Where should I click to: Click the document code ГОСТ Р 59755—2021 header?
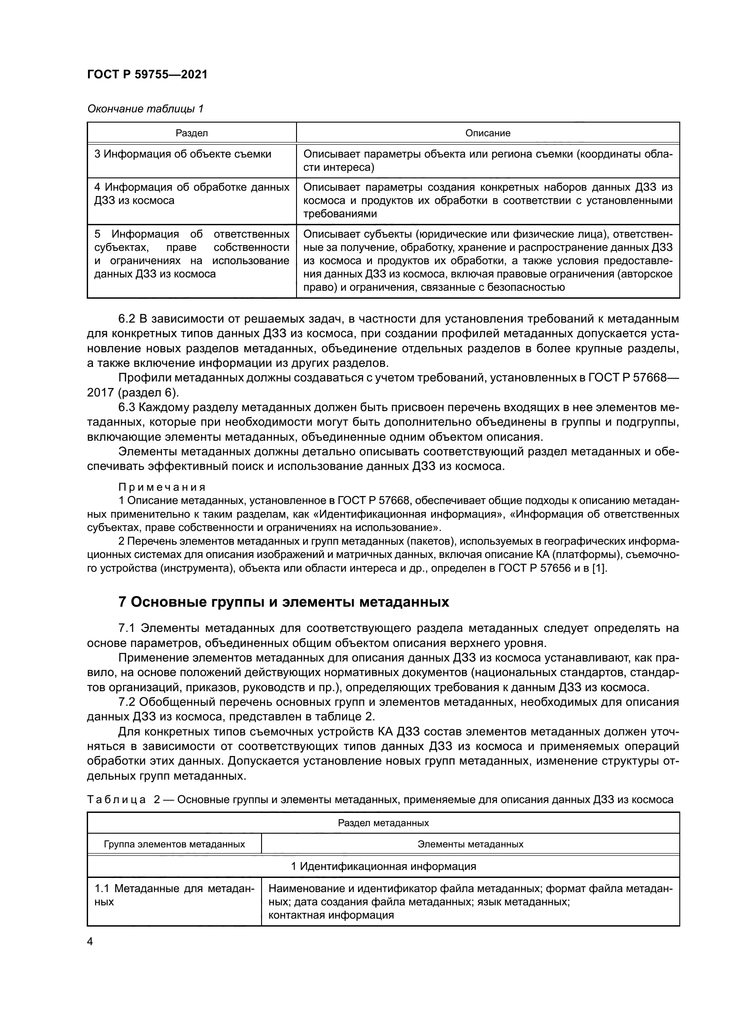(147, 74)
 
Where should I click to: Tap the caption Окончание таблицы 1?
(145, 109)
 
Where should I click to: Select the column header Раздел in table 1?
(192, 133)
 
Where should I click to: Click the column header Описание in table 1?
(488, 133)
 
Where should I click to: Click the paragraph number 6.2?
(127, 319)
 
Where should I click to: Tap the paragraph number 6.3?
(127, 408)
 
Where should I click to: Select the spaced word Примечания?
(162, 487)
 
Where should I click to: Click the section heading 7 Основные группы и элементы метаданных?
(284, 602)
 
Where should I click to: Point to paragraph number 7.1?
(127, 628)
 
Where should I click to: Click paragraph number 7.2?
(127, 702)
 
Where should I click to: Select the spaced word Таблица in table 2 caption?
(116, 800)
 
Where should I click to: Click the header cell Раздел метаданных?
(383, 823)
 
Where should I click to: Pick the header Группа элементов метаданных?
(174, 844)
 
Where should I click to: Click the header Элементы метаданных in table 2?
(470, 844)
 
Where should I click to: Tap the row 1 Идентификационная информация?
(383, 866)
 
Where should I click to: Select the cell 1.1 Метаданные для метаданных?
(174, 895)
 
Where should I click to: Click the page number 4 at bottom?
(90, 941)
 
